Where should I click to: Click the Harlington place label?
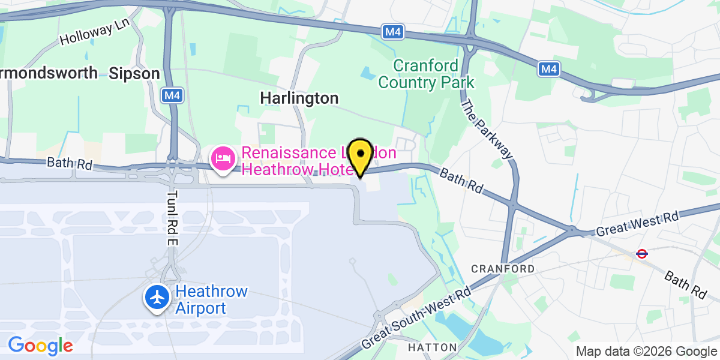pos(299,98)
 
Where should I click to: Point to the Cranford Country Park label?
pos(426,74)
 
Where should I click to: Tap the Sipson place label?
pos(134,74)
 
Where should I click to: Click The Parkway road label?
pos(487,129)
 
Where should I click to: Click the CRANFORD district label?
pos(503,268)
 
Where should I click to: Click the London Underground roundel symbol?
pos(642,253)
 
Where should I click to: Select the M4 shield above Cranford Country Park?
pos(392,31)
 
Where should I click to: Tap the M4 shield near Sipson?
pos(172,94)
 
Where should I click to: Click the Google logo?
pos(40,346)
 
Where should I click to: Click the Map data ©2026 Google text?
pos(646,351)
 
